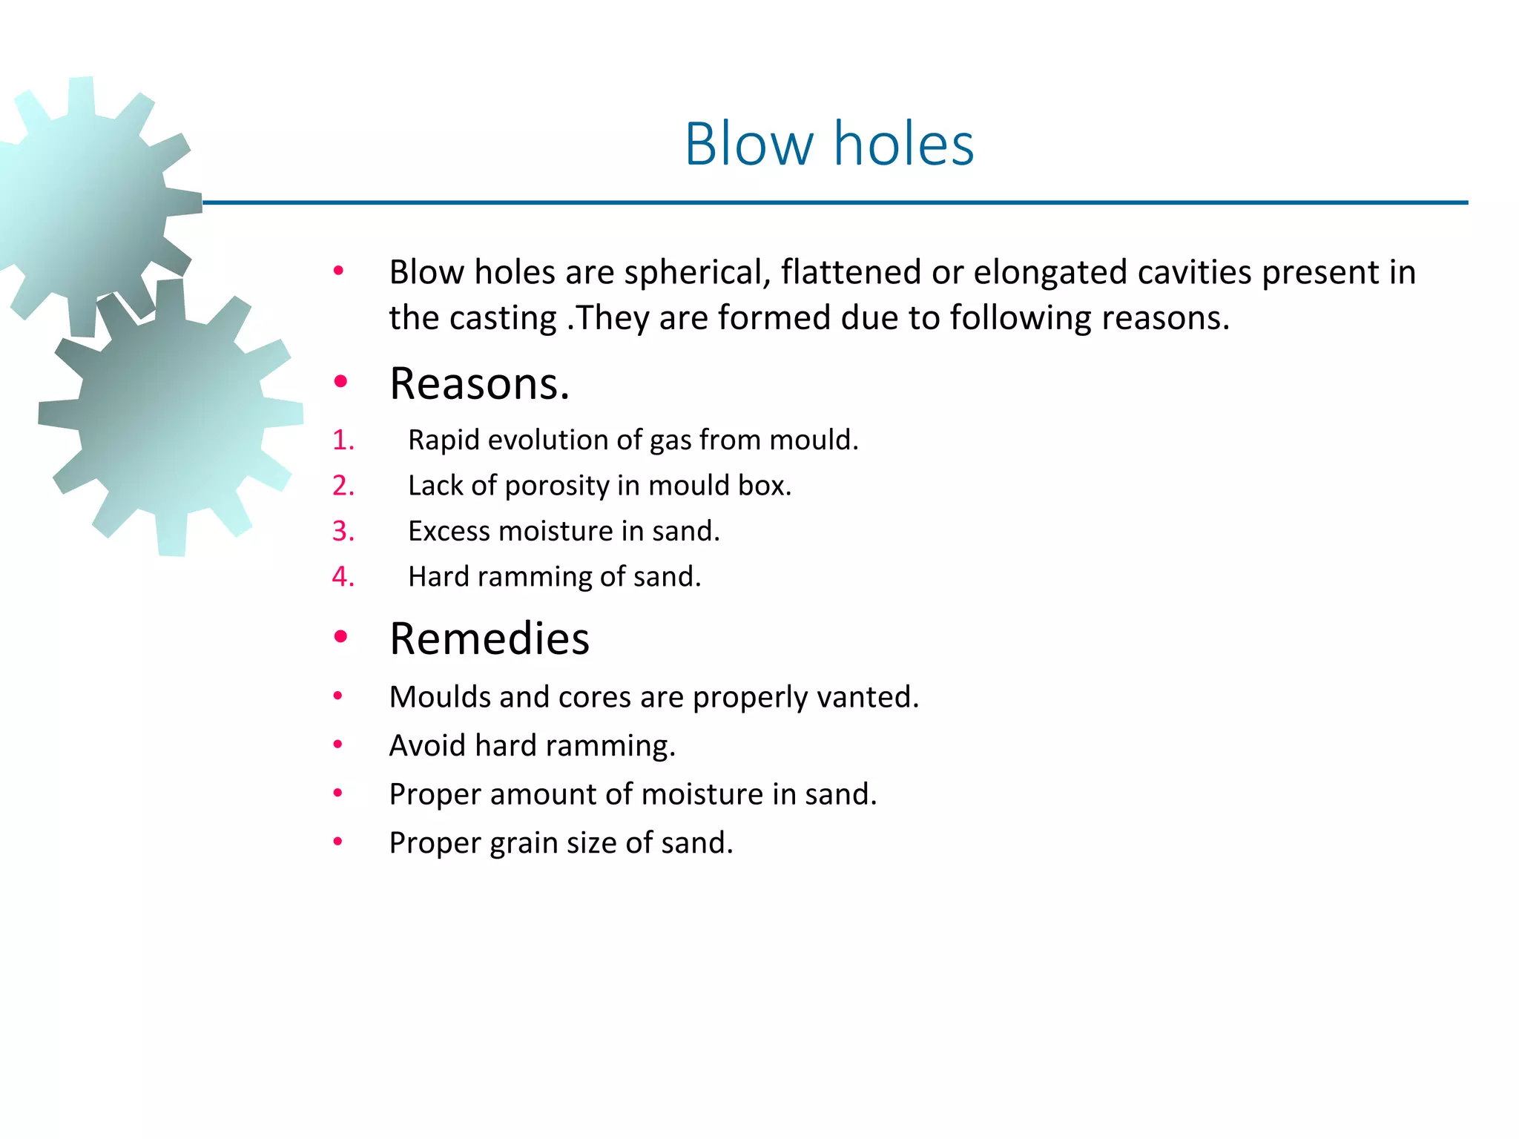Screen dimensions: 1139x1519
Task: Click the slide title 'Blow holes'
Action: coord(828,144)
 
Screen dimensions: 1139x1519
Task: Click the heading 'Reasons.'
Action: coord(479,384)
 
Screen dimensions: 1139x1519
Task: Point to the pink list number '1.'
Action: coord(343,440)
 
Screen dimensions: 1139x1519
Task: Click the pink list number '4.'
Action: coord(343,577)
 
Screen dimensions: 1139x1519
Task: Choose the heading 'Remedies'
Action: coord(489,638)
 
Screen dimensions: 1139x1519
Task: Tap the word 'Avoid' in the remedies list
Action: coord(428,746)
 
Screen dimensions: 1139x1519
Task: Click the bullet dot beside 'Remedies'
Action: coord(340,636)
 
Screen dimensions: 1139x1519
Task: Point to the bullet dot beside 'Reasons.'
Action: coord(340,382)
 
